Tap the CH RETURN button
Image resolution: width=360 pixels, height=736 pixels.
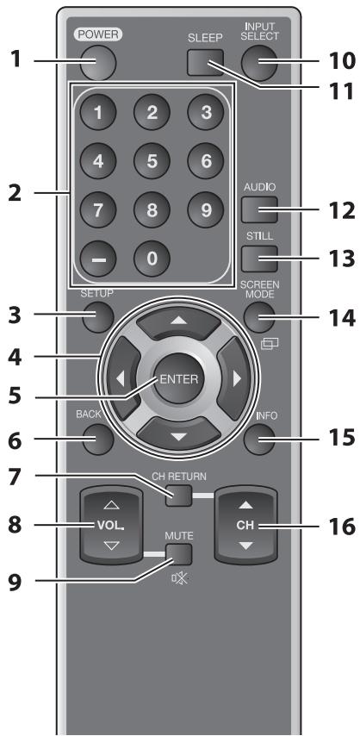(x=178, y=496)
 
